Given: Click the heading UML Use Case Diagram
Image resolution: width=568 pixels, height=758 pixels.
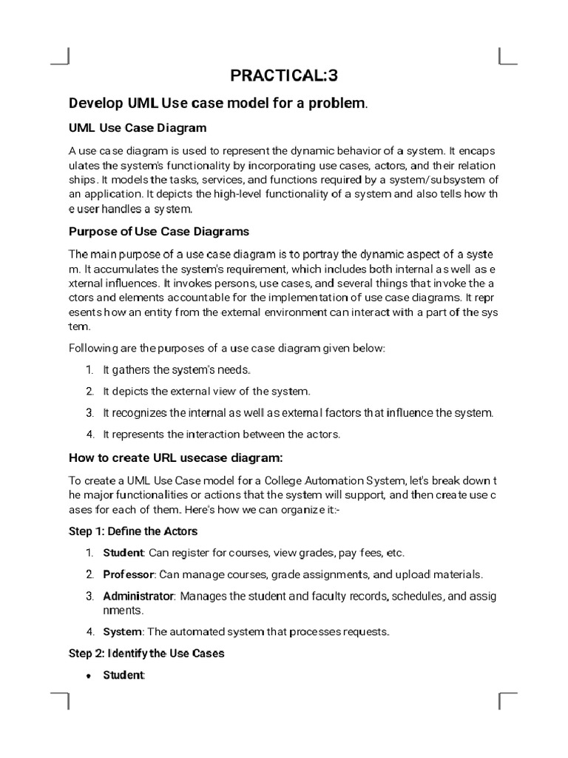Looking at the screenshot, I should click(x=138, y=127).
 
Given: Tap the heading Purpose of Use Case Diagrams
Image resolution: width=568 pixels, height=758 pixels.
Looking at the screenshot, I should click(x=159, y=231).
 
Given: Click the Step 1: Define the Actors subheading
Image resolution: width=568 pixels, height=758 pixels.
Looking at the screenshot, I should click(x=133, y=531).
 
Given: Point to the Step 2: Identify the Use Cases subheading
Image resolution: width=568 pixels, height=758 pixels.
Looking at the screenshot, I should click(x=146, y=654).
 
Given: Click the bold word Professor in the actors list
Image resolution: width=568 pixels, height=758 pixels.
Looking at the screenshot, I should click(x=129, y=574).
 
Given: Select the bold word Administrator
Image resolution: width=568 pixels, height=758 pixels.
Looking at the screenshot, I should click(x=138, y=596).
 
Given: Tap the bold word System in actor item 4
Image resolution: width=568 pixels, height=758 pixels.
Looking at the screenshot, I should click(x=122, y=632).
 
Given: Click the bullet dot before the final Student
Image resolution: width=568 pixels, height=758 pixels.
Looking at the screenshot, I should click(x=89, y=677).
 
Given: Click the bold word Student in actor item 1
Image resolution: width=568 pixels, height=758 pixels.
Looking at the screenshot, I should click(x=124, y=553).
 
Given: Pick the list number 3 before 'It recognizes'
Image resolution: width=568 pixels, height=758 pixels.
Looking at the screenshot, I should click(x=89, y=413).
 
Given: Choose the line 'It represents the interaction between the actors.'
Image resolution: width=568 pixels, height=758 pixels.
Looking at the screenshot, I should click(x=221, y=435).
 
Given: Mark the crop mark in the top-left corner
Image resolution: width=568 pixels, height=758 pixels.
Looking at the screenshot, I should click(x=63, y=58).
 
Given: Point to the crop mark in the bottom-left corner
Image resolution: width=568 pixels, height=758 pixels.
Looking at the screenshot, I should click(x=63, y=700).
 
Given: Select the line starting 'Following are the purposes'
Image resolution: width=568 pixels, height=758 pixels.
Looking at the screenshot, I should click(x=227, y=348).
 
